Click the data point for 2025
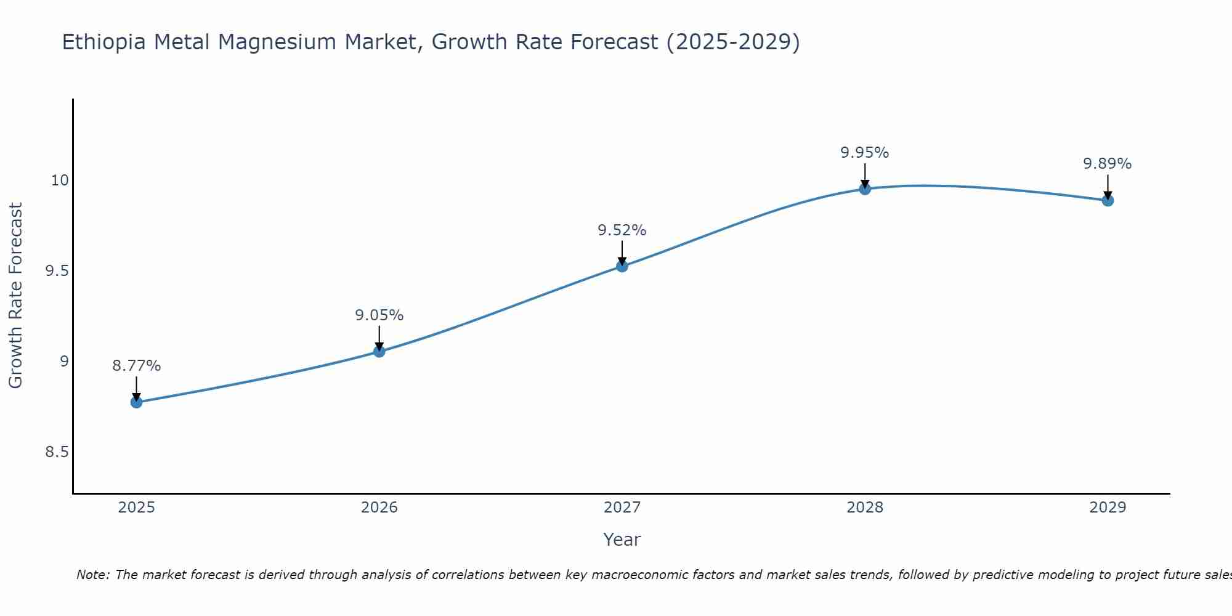(x=136, y=402)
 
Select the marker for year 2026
(x=379, y=351)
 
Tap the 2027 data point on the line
(x=622, y=266)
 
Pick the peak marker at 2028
(x=865, y=188)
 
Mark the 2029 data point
(x=1108, y=200)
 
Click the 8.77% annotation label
(x=136, y=366)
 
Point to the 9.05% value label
(x=379, y=315)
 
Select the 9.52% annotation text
(x=622, y=230)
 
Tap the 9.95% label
(x=865, y=153)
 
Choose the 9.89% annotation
(x=1108, y=164)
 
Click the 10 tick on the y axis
(x=60, y=180)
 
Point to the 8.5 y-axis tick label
(x=56, y=452)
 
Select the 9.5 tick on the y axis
(x=56, y=271)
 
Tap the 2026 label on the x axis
(x=379, y=508)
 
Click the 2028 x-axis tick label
(x=865, y=508)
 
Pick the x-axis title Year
(x=622, y=540)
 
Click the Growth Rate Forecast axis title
(x=15, y=296)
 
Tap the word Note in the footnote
(x=92, y=575)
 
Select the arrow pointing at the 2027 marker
(x=622, y=253)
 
